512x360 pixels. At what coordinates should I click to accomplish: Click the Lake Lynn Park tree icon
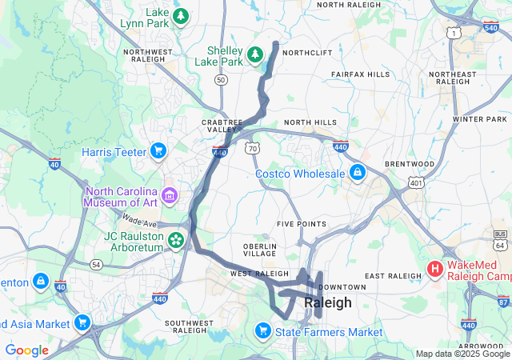pyautogui.click(x=182, y=15)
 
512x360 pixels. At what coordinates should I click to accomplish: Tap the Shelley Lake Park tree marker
pyautogui.click(x=255, y=54)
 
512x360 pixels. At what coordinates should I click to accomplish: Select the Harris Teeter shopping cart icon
pyautogui.click(x=158, y=150)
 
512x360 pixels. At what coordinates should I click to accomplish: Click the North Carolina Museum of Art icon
pyautogui.click(x=169, y=194)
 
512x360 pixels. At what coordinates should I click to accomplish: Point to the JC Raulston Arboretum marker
pyautogui.click(x=175, y=239)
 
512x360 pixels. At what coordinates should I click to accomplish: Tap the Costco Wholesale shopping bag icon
pyautogui.click(x=357, y=172)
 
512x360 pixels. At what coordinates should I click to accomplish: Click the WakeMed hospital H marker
pyautogui.click(x=435, y=268)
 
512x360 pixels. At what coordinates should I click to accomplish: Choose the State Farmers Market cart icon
pyautogui.click(x=262, y=330)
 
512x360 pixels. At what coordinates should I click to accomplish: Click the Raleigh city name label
pyautogui.click(x=327, y=303)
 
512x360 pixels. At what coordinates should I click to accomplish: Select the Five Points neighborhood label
pyautogui.click(x=301, y=223)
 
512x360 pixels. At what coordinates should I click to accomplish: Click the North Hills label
pyautogui.click(x=310, y=122)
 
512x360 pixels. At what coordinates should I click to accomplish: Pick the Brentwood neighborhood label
pyautogui.click(x=409, y=164)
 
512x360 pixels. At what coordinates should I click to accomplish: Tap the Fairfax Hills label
pyautogui.click(x=360, y=74)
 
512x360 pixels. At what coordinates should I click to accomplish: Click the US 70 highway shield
pyautogui.click(x=253, y=149)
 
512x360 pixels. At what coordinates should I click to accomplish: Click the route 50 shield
pyautogui.click(x=221, y=80)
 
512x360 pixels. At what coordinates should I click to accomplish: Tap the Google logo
pyautogui.click(x=27, y=350)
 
